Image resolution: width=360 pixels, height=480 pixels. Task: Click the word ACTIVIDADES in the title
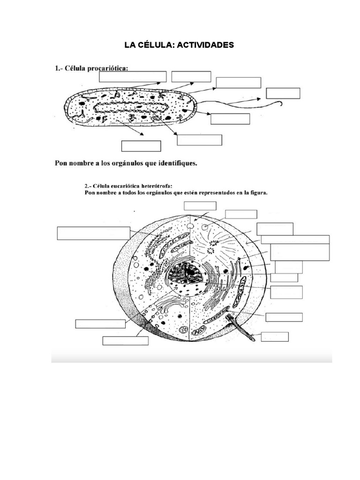tap(205, 45)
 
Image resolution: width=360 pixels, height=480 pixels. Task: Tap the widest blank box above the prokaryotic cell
tap(133, 76)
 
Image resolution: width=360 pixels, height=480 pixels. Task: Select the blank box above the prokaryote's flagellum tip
tap(283, 93)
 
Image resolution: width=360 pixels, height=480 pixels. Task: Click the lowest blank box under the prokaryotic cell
tap(135, 146)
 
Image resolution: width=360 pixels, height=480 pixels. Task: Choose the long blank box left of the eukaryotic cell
tap(93, 233)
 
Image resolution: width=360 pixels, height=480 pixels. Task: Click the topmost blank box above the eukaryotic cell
tap(200, 206)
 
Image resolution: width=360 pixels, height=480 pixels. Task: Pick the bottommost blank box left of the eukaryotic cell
tap(125, 341)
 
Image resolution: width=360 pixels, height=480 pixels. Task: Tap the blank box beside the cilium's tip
tap(275, 337)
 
